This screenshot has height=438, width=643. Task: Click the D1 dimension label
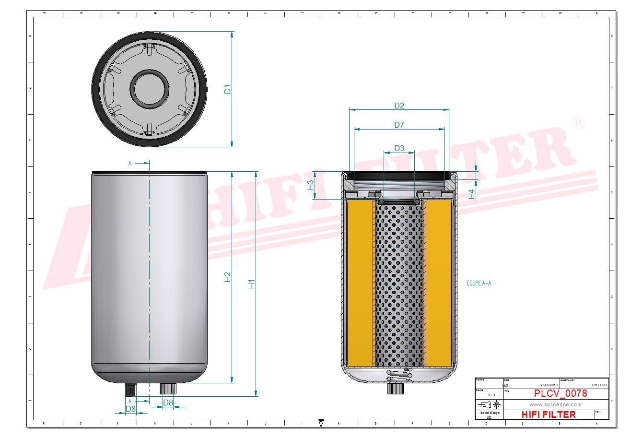[228, 89]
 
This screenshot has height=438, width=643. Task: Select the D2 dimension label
[399, 106]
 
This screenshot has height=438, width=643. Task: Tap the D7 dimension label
[399, 125]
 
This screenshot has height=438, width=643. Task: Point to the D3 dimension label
[399, 148]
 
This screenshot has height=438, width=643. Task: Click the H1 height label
[251, 284]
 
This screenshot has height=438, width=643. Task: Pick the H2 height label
[228, 277]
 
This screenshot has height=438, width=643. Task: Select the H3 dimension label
[311, 185]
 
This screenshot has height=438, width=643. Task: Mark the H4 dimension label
[471, 194]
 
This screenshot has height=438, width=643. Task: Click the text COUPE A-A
[479, 284]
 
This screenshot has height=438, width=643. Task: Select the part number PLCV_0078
[560, 394]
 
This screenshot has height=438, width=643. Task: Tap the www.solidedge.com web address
[555, 404]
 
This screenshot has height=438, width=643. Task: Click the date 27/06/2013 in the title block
[549, 385]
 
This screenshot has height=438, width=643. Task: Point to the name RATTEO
[599, 385]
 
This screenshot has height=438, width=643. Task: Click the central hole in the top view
[150, 89]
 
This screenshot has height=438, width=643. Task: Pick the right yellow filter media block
[438, 283]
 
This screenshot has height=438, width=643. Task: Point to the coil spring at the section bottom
[399, 376]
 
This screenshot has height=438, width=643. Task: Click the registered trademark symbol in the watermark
[579, 123]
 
